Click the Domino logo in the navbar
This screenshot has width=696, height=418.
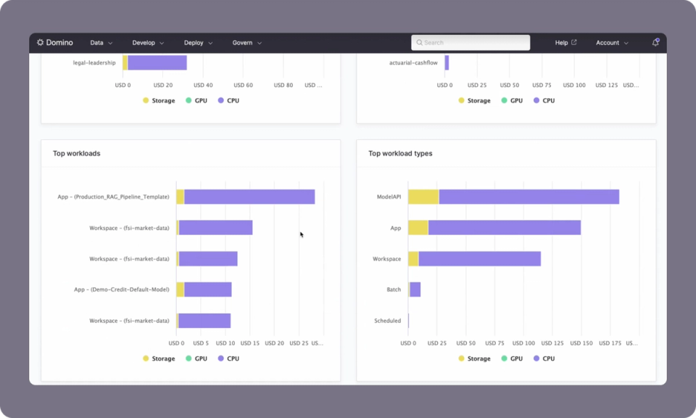55,43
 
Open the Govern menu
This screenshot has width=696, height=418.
246,43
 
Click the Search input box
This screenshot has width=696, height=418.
471,43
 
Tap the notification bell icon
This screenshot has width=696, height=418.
655,43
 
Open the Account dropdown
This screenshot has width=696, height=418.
612,43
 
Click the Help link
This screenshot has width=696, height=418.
565,43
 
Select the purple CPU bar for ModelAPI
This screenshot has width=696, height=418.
529,197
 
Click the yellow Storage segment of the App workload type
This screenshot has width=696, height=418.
418,228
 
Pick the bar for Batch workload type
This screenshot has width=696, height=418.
415,290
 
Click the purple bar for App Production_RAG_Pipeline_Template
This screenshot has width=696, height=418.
249,197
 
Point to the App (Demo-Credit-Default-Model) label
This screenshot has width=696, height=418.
122,290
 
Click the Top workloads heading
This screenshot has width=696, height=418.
77,154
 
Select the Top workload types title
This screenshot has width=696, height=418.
400,154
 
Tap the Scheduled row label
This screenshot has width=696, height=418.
387,321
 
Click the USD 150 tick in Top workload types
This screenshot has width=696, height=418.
582,343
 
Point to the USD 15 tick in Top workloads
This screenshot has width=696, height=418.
250,343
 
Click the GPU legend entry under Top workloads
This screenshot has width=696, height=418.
196,358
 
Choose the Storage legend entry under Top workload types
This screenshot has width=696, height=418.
475,358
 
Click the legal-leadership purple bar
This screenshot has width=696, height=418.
157,63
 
